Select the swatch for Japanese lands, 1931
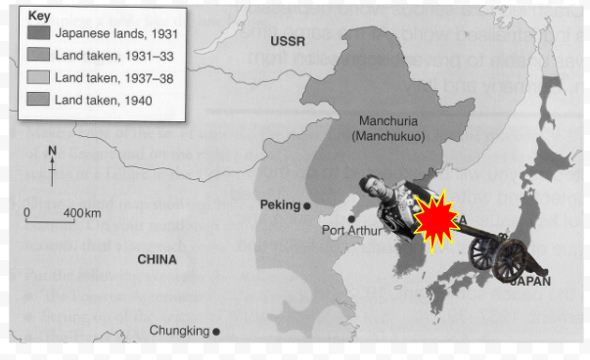point(41,33)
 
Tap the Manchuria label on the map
point(388,121)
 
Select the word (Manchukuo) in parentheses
point(388,136)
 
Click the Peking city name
point(280,205)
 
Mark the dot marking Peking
point(307,205)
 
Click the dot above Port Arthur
point(351,219)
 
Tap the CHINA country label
point(157,260)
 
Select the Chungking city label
point(179,331)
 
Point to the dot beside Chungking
point(216,332)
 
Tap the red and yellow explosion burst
point(432,217)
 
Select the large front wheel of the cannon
point(509,260)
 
